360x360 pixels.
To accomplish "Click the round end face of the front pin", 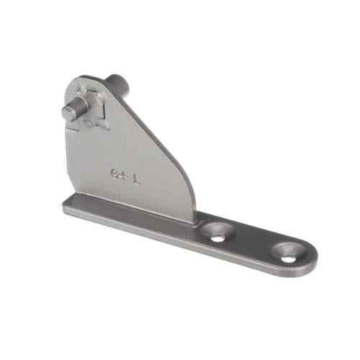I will click(68, 113).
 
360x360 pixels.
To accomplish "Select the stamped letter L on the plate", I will click(136, 175).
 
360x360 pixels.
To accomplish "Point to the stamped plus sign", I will click(124, 174).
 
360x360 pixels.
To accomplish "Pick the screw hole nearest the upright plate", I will click(217, 231).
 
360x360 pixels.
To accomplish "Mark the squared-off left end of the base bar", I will click(64, 207).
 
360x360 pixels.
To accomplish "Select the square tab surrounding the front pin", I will click(91, 105).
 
